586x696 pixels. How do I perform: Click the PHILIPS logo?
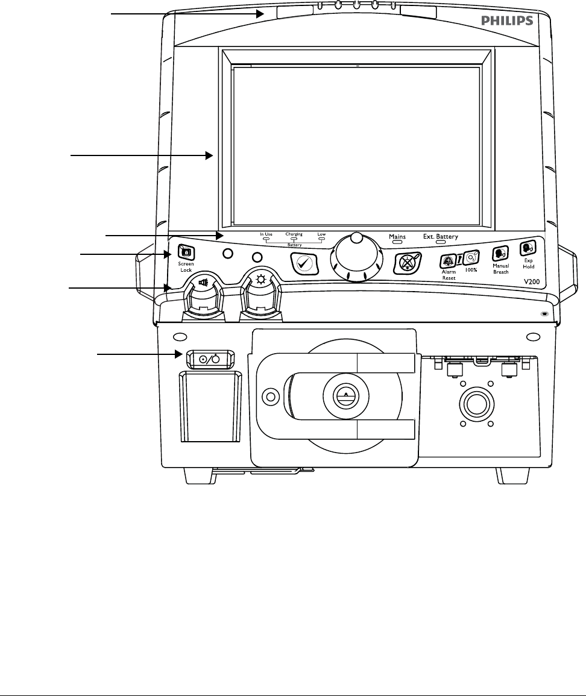click(507, 20)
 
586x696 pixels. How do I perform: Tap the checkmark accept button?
click(303, 263)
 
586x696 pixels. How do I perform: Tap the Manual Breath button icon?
click(500, 254)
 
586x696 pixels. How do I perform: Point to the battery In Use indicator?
click(266, 239)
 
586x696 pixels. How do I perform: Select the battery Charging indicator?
click(294, 239)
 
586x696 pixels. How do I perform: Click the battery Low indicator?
click(321, 239)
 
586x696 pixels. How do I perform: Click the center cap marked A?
click(345, 393)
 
